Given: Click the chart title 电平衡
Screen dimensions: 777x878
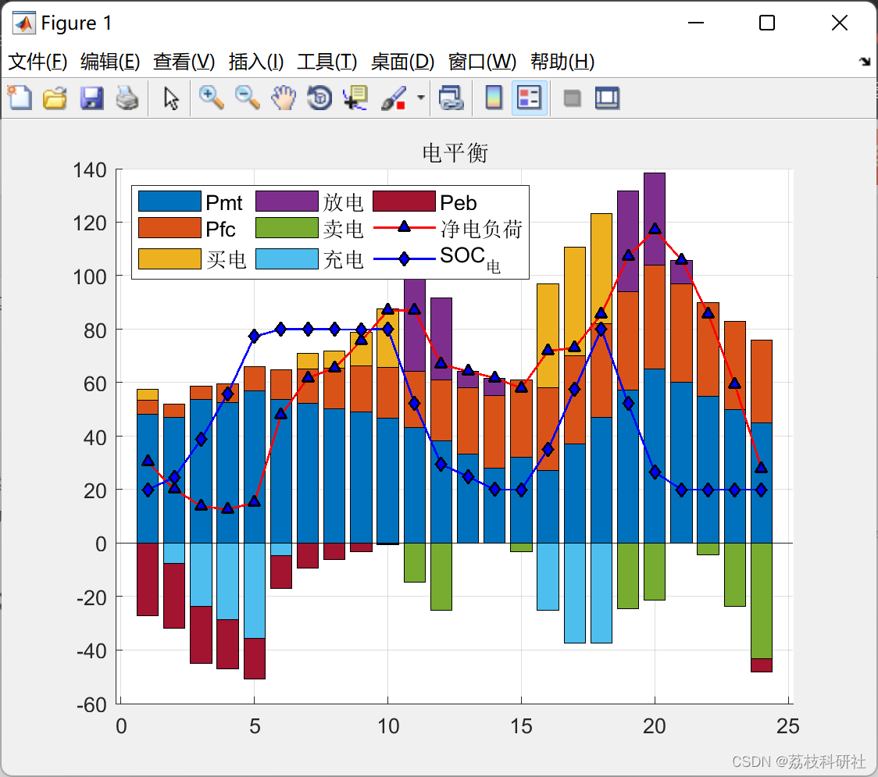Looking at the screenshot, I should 455,153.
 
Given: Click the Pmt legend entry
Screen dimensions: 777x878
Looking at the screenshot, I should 223,203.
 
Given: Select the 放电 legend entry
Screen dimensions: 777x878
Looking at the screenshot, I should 343,203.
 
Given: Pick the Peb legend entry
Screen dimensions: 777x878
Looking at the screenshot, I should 459,203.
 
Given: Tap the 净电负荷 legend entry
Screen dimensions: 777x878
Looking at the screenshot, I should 480,229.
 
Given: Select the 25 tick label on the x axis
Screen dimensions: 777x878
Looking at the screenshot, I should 787,727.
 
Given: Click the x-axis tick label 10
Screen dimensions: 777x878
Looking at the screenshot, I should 387,727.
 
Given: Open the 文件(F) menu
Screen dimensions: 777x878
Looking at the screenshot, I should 37,62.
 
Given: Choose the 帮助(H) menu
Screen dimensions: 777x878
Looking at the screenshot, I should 562,62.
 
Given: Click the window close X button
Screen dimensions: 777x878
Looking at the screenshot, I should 839,23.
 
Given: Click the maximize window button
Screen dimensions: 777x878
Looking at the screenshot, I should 766,23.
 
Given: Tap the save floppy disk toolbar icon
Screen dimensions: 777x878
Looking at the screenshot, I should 91,98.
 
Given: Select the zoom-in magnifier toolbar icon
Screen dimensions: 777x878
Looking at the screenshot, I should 210,98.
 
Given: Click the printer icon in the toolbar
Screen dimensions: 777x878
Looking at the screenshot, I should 127,98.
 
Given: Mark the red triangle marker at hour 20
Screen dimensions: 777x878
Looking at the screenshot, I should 655,229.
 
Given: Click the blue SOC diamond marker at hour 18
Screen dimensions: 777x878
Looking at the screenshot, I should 601,330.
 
